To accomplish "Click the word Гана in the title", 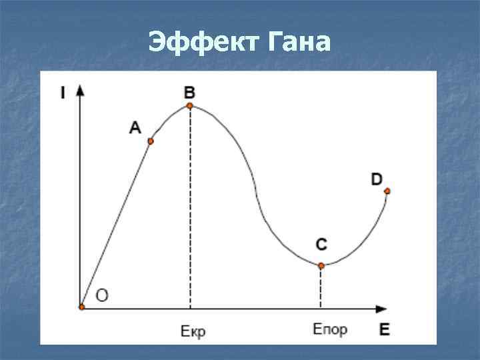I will click(297, 42).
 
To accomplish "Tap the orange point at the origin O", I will click(82, 307).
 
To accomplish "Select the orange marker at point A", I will click(151, 141).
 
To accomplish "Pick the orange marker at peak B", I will click(190, 105).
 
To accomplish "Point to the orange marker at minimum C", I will click(321, 265).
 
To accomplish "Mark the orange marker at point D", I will click(387, 191).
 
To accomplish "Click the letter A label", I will click(135, 127).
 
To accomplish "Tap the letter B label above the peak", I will click(190, 91).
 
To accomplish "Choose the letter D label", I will click(377, 179).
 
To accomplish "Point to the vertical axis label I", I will click(63, 93).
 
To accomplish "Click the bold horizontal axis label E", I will click(385, 328).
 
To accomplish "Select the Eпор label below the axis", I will click(329, 329).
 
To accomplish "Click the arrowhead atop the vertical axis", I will click(81, 89).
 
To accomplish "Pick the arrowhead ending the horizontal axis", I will click(381, 308).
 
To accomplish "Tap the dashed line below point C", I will click(321, 287).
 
